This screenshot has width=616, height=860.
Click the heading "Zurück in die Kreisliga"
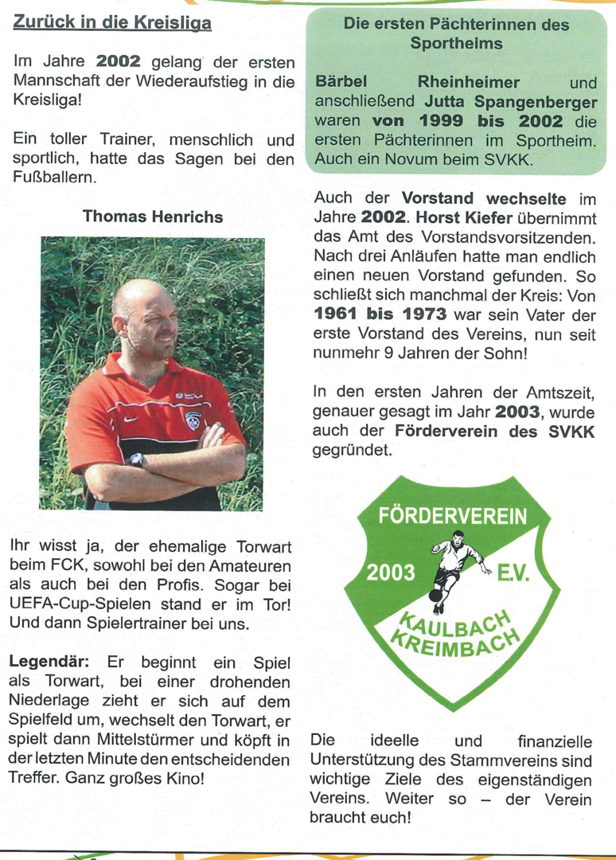coord(112,23)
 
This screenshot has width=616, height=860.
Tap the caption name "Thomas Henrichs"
coord(153,217)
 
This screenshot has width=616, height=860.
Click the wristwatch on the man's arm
coord(136,460)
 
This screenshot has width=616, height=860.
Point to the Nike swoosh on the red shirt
coord(131,418)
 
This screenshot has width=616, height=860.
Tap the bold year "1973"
coord(421,315)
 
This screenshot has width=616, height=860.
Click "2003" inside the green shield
coord(390,573)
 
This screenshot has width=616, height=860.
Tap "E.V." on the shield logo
coord(513,573)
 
